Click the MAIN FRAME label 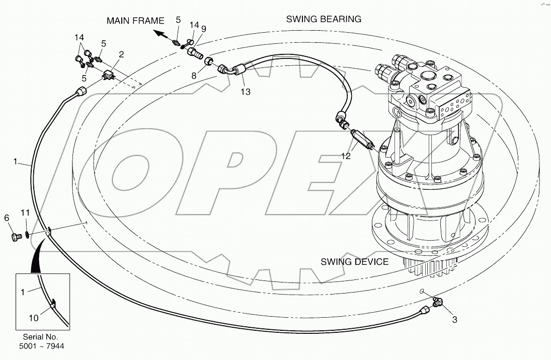pyautogui.click(x=135, y=21)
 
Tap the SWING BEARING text pyautogui.click(x=324, y=19)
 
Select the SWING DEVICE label pyautogui.click(x=355, y=262)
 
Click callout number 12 pyautogui.click(x=345, y=157)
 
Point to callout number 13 pyautogui.click(x=245, y=92)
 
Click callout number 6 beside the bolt pyautogui.click(x=7, y=218)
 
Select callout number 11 pyautogui.click(x=25, y=213)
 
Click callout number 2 pyautogui.click(x=121, y=54)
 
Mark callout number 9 pyautogui.click(x=203, y=29)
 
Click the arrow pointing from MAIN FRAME pyautogui.click(x=161, y=34)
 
